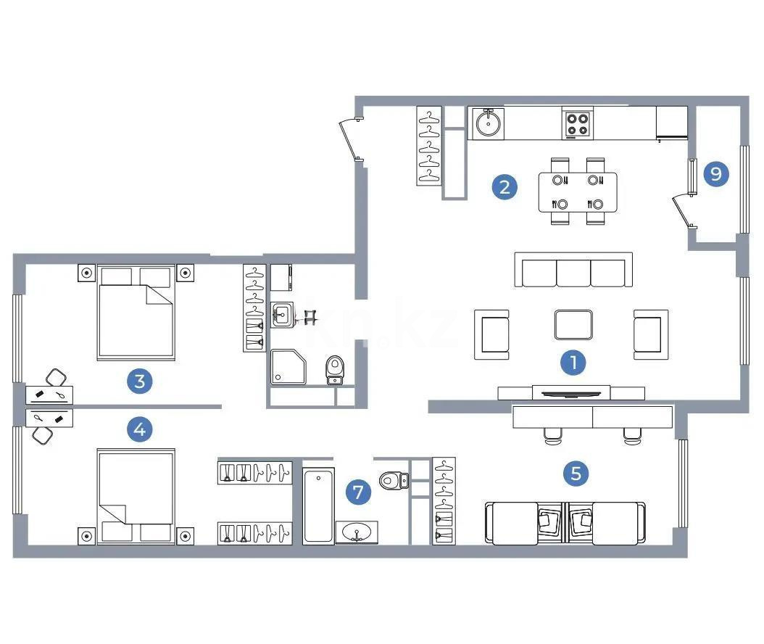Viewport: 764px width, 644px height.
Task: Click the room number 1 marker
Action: coord(573,363)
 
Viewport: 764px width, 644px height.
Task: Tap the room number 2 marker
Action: coord(505,186)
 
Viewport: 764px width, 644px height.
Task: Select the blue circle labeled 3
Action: coord(139,381)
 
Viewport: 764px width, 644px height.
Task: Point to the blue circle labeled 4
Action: coord(139,430)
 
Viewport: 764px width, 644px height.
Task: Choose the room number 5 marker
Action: coord(576,474)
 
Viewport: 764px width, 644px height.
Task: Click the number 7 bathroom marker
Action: coord(357,492)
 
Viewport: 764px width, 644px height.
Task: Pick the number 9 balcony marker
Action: coord(716,174)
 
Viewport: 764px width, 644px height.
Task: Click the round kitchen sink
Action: coord(488,124)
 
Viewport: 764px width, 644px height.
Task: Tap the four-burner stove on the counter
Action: coord(578,124)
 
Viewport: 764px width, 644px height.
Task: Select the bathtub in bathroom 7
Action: coord(319,505)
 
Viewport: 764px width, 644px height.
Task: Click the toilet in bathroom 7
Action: coord(394,479)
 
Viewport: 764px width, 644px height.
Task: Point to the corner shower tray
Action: coord(288,367)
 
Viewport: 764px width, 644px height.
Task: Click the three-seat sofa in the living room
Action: coord(573,271)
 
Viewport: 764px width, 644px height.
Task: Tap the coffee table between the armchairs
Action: coord(573,324)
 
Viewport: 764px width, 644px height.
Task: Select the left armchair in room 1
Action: coord(491,334)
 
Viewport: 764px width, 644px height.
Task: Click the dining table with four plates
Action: coord(578,191)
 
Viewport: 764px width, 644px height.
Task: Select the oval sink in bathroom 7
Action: coord(357,532)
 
